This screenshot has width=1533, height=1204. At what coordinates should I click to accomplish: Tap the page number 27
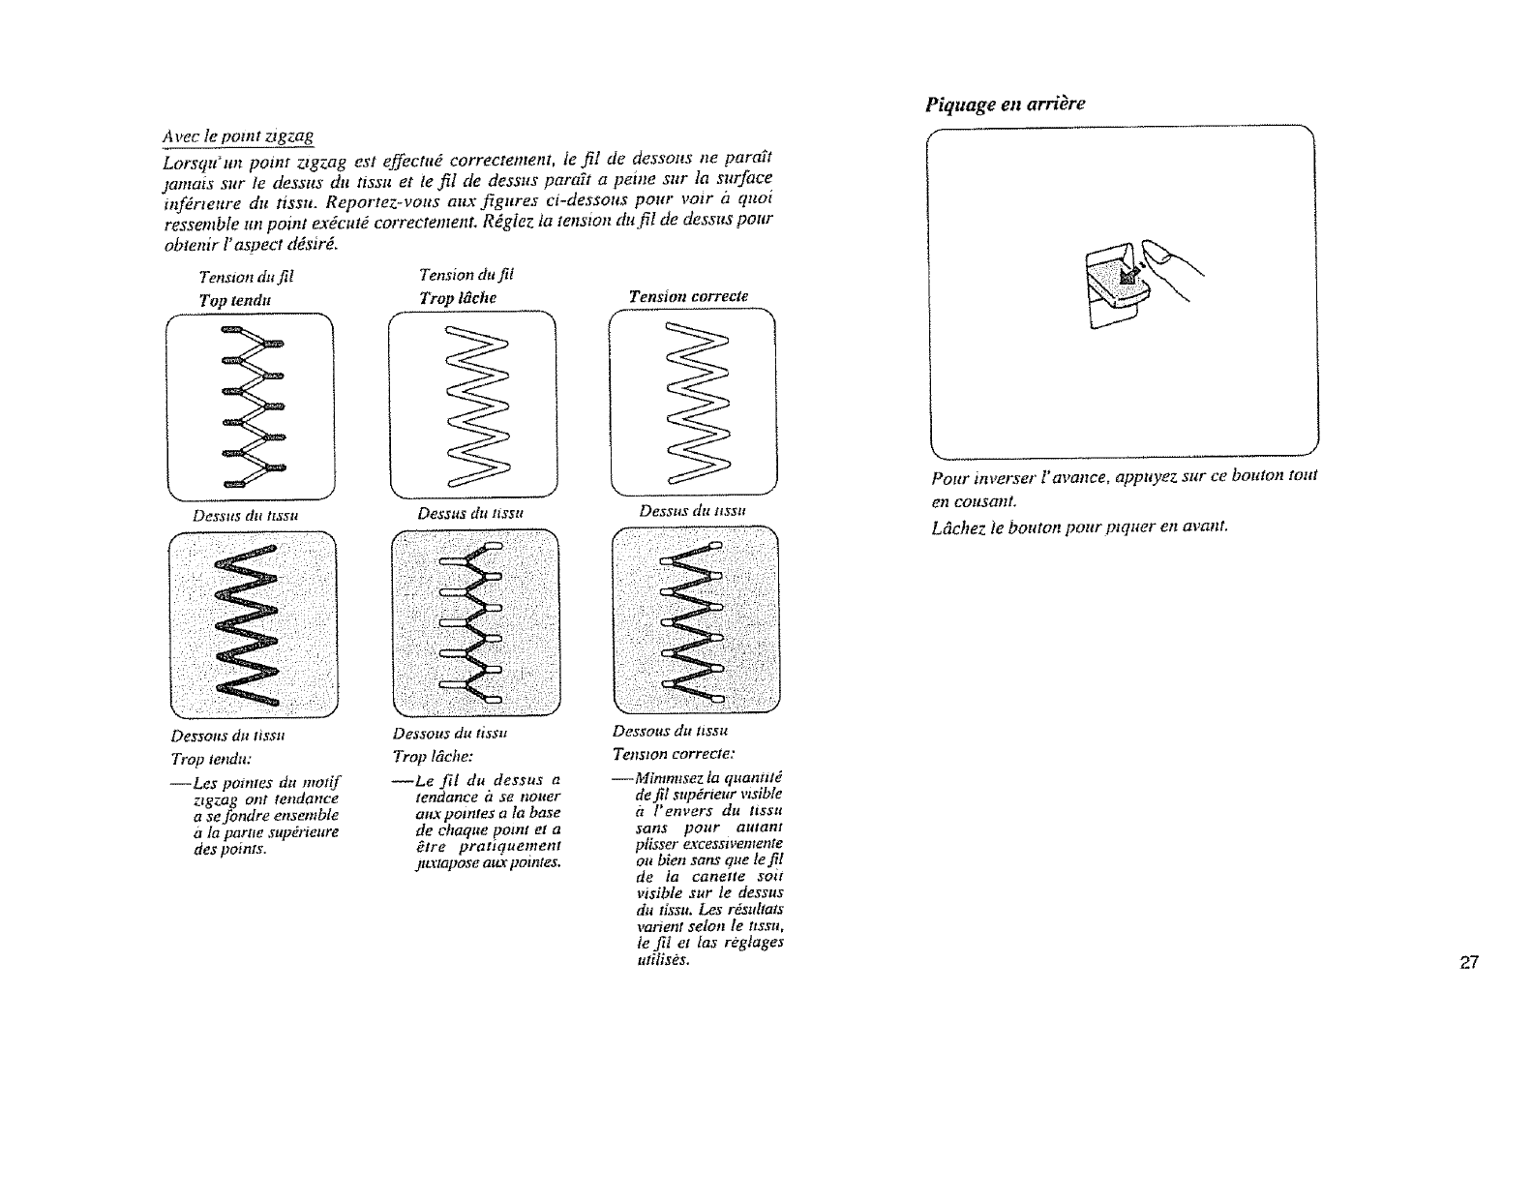click(1469, 962)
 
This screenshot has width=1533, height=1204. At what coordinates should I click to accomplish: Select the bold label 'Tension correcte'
click(688, 296)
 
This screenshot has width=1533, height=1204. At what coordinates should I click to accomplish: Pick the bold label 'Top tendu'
click(234, 299)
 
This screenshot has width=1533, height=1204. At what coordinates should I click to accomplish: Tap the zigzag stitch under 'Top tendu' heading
click(250, 406)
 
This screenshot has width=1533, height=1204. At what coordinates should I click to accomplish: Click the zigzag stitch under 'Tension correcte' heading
click(694, 406)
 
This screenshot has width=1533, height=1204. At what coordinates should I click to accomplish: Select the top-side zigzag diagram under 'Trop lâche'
click(471, 406)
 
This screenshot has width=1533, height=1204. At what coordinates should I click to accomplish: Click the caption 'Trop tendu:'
click(227, 756)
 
